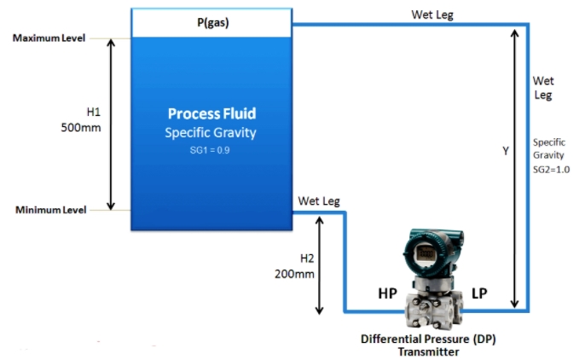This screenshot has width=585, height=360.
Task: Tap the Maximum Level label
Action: point(48,38)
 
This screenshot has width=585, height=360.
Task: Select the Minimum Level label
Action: point(49,210)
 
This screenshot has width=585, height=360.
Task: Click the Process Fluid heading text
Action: point(211,113)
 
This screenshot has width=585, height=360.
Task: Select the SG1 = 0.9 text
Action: point(211,149)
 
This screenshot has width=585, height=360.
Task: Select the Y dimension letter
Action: point(505,151)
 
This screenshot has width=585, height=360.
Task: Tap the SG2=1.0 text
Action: point(551,170)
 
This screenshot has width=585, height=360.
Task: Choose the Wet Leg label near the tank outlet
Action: point(319,201)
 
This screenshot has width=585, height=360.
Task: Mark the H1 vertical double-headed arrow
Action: point(110,124)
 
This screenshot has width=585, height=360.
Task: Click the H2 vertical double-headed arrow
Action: point(321,264)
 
